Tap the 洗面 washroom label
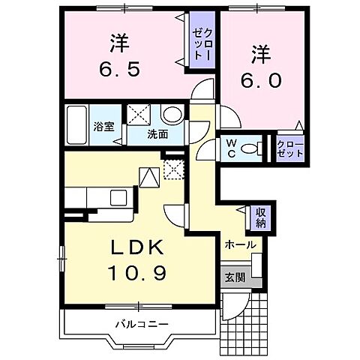point(157,135)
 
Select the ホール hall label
point(240,245)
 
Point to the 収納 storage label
point(260,217)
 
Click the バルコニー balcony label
point(142,323)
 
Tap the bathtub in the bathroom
point(77,126)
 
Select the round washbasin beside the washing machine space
point(172,115)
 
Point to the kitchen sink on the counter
point(118,197)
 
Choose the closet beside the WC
point(290,146)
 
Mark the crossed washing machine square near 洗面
point(138,115)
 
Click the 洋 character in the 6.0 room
point(259,55)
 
